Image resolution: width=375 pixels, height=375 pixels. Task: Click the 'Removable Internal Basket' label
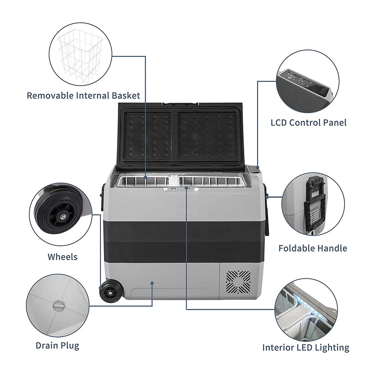click(83, 96)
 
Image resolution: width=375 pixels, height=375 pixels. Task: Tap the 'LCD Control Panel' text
click(308, 122)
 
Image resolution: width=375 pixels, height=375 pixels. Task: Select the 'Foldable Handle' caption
click(312, 248)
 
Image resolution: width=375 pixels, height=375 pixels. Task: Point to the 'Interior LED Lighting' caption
click(306, 348)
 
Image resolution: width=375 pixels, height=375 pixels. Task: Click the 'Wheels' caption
click(63, 257)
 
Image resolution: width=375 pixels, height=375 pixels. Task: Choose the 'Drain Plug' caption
click(57, 345)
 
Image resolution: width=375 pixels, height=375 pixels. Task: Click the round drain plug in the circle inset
click(59, 306)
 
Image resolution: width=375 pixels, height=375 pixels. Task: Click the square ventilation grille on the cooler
click(238, 282)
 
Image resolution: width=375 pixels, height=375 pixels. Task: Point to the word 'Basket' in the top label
click(127, 96)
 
